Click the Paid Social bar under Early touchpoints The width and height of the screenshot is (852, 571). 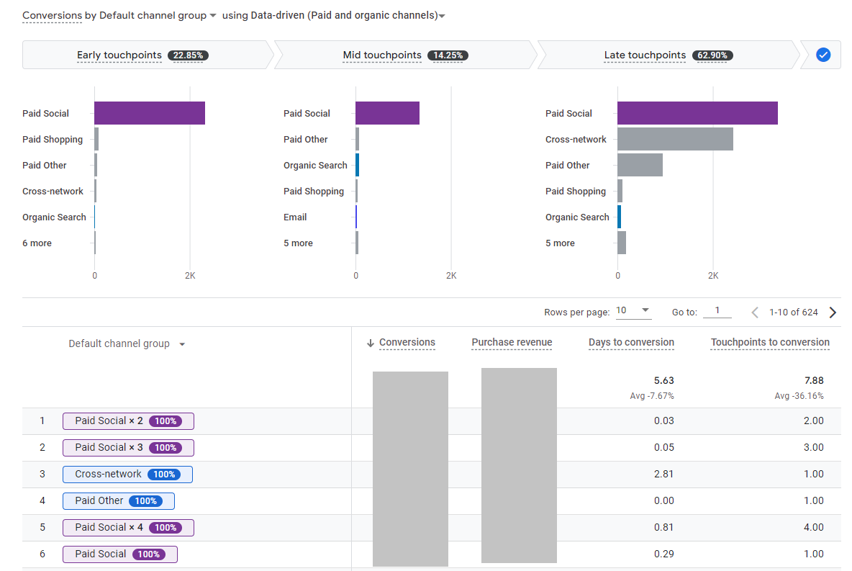click(x=150, y=113)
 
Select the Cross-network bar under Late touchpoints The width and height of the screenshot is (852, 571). click(x=675, y=139)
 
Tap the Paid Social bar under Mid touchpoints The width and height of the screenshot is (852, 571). click(x=387, y=113)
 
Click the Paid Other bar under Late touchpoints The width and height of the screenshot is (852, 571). click(x=640, y=165)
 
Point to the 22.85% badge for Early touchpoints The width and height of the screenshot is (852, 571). click(x=189, y=55)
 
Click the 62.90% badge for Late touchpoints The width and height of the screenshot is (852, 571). click(x=712, y=55)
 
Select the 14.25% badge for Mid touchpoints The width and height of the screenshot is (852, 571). click(x=448, y=55)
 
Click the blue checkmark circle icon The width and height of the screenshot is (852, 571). click(x=823, y=55)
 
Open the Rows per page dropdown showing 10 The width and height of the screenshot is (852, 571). click(x=633, y=311)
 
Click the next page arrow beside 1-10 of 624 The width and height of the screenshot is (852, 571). click(x=833, y=313)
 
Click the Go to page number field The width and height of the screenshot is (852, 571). click(x=717, y=311)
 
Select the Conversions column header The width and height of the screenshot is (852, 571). click(x=407, y=343)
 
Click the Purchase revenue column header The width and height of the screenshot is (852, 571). click(x=512, y=343)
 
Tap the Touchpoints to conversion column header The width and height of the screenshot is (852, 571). click(x=770, y=343)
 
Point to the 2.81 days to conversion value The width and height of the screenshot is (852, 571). click(x=663, y=474)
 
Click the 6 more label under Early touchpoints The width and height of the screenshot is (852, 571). click(x=37, y=243)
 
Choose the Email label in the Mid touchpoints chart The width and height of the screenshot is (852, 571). click(x=295, y=217)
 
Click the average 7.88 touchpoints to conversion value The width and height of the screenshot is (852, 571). click(x=814, y=380)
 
